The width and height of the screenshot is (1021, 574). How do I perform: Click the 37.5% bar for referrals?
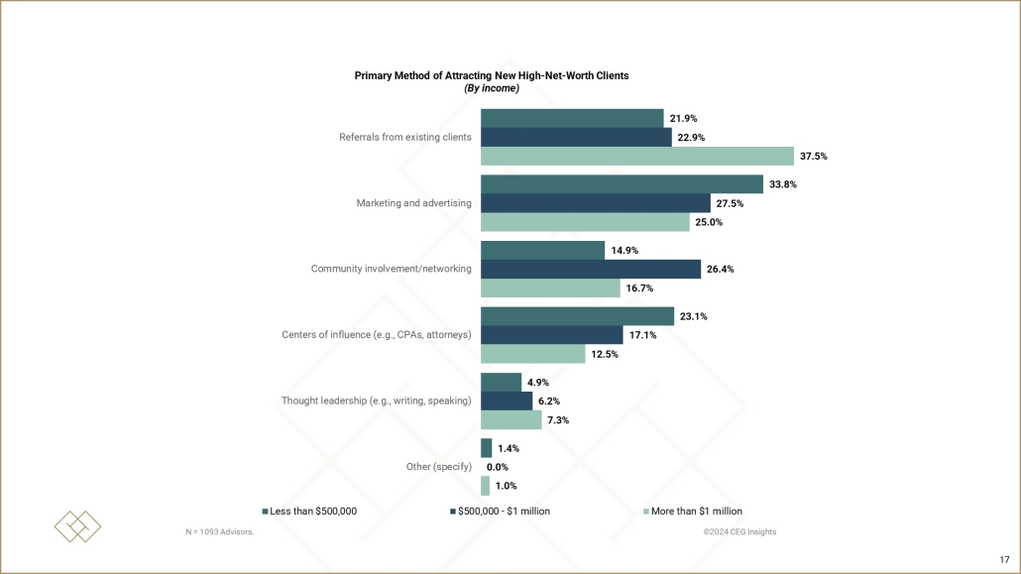637,157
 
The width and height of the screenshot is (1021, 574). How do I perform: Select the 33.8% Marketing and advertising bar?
622,184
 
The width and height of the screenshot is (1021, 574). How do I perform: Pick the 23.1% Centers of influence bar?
577,316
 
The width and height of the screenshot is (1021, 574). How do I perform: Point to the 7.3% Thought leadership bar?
510,420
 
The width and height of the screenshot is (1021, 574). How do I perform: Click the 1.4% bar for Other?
486,448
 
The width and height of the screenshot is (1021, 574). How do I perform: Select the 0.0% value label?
498,467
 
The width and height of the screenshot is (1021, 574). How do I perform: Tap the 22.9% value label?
691,138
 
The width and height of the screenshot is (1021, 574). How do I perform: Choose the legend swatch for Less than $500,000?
266,512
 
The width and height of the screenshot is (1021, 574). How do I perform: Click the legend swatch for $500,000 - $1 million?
452,512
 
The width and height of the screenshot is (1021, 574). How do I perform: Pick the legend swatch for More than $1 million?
647,512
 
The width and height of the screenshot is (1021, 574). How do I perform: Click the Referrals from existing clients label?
405,137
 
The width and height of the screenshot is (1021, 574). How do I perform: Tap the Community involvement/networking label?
392,269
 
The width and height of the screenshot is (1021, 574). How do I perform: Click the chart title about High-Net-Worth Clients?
492,75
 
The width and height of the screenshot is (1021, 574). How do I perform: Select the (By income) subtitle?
492,88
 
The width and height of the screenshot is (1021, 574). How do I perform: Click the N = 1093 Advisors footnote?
219,532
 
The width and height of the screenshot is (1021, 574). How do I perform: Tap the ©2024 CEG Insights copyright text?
739,532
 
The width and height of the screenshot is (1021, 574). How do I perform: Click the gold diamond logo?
77,526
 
